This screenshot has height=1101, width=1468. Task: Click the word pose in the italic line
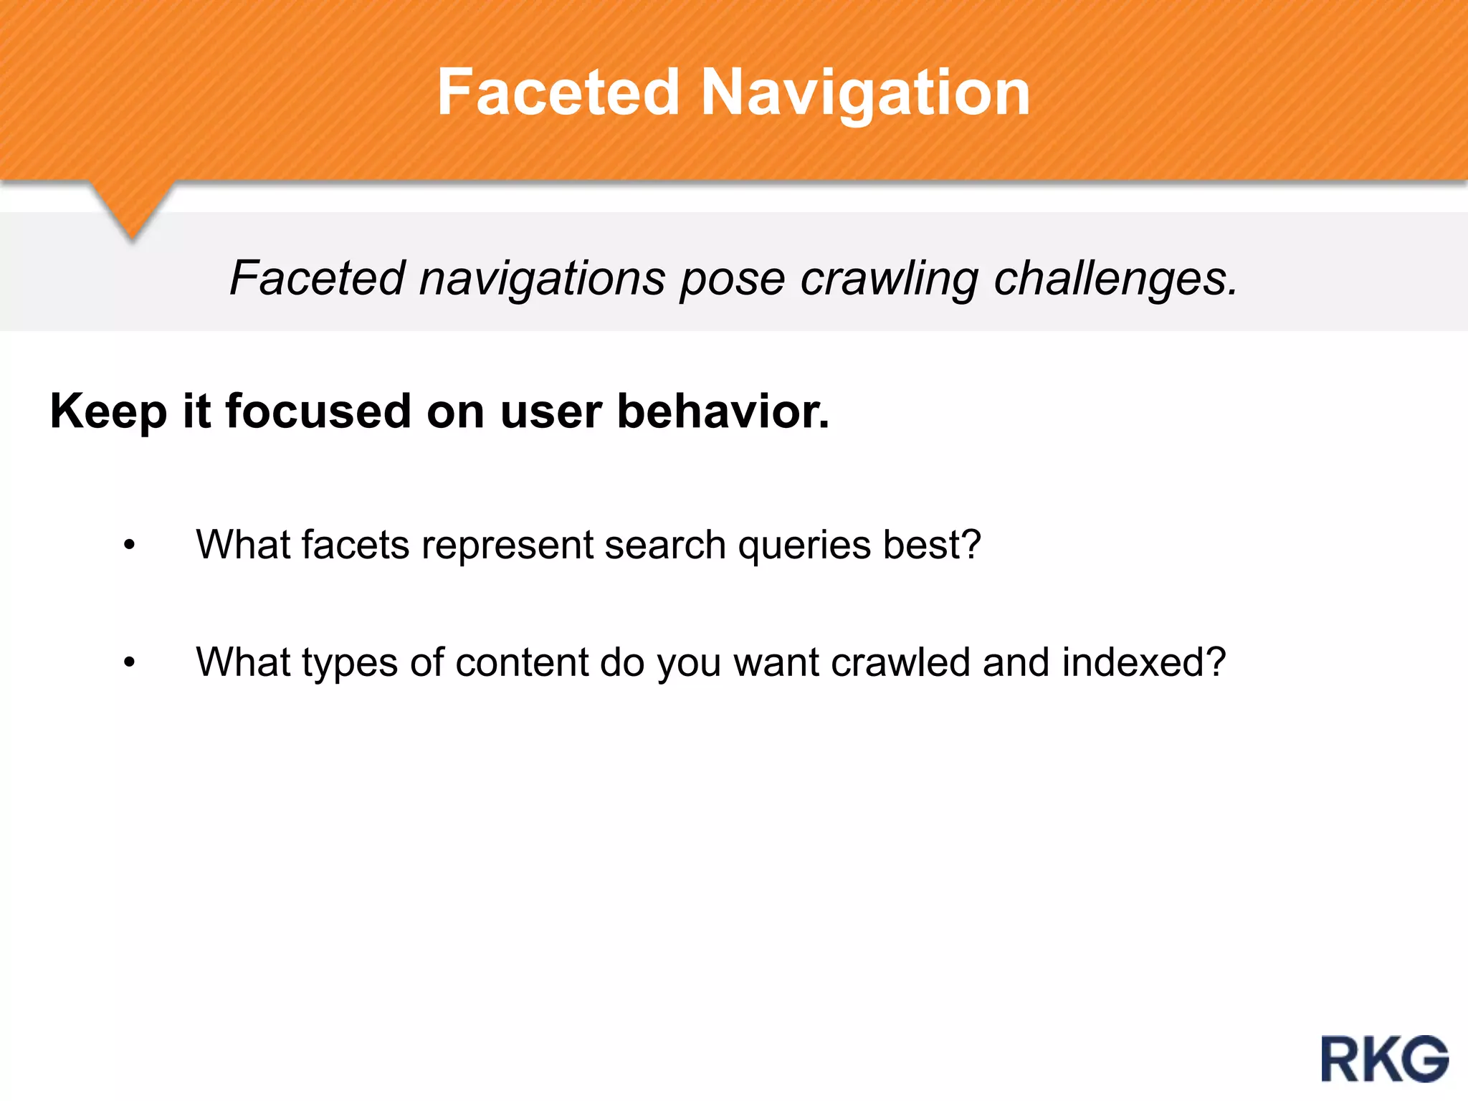pyautogui.click(x=732, y=278)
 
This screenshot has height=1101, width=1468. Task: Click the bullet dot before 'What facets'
pyautogui.click(x=129, y=545)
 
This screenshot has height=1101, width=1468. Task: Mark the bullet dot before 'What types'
pyautogui.click(x=129, y=662)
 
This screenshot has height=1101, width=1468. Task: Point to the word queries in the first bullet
pyautogui.click(x=804, y=545)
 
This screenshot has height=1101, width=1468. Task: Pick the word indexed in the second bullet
pyautogui.click(x=1143, y=662)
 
